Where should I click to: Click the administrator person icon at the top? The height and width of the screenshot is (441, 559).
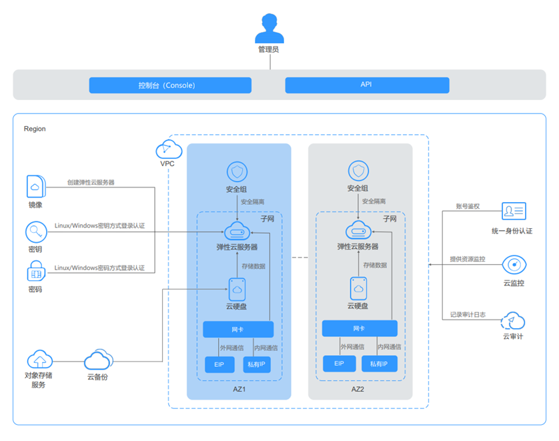[269, 29]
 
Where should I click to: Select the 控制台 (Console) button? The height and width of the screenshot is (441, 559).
[170, 85]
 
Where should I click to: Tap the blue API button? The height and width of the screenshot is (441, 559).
[367, 85]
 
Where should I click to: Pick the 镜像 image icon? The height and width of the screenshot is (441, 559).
[35, 186]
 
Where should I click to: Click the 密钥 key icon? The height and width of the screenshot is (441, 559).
[35, 232]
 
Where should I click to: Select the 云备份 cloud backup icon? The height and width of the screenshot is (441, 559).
[97, 360]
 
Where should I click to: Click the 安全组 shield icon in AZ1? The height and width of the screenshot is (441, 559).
[237, 171]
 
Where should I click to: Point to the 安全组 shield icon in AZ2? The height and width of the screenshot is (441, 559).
[358, 171]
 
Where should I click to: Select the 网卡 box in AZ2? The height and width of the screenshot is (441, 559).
[359, 328]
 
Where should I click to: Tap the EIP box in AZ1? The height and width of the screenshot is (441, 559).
[219, 364]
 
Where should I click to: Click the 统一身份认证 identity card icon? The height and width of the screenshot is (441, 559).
[514, 212]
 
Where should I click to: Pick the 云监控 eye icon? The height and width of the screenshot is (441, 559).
[514, 265]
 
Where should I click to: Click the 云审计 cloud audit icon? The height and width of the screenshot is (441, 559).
[514, 320]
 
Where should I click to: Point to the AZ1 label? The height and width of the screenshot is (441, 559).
[239, 388]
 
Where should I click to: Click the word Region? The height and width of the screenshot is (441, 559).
[35, 129]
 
